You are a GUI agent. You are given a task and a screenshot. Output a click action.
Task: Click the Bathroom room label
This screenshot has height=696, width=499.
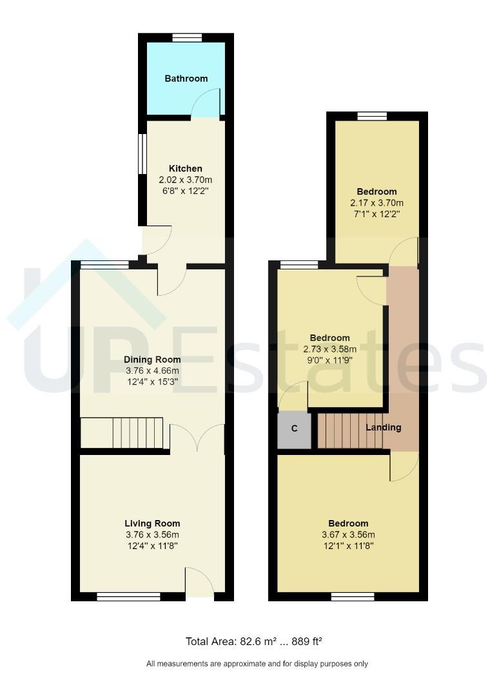(x=186, y=79)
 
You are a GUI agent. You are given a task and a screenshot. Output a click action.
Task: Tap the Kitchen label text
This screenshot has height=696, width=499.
(x=186, y=169)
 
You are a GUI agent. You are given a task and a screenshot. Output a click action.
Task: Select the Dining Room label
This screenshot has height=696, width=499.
(x=152, y=360)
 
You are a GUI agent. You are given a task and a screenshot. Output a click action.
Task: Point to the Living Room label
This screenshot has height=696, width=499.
(x=152, y=523)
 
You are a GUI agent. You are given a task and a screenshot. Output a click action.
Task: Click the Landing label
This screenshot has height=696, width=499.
(x=384, y=427)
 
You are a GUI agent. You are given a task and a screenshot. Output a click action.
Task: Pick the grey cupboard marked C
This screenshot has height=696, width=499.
(x=294, y=430)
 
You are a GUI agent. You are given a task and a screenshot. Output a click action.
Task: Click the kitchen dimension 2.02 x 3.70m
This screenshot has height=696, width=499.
(x=186, y=180)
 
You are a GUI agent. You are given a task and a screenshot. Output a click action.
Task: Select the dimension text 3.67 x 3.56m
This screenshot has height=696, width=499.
(x=348, y=535)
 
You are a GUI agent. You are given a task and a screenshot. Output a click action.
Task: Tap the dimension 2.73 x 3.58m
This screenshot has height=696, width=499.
(x=330, y=349)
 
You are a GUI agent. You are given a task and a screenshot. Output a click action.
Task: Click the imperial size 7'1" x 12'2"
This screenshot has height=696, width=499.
(x=377, y=215)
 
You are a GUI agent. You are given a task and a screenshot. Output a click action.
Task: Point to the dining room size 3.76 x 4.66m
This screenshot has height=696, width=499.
(x=152, y=371)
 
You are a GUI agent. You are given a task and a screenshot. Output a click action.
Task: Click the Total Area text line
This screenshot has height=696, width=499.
(x=253, y=641)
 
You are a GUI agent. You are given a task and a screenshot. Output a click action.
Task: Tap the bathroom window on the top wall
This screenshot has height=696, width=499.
(x=186, y=37)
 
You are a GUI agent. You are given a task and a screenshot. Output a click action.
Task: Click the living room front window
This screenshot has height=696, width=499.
(x=128, y=597)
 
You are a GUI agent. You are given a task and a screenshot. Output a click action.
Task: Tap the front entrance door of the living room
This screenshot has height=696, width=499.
(x=199, y=583)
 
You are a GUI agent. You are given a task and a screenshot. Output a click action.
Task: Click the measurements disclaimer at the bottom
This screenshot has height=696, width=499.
(x=257, y=664)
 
